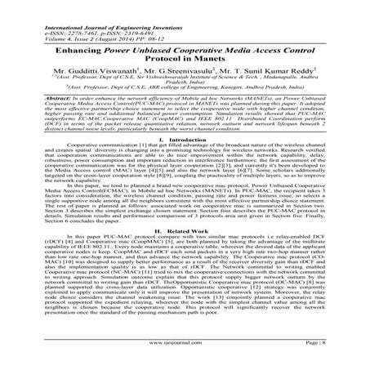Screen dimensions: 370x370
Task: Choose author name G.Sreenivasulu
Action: [185, 61]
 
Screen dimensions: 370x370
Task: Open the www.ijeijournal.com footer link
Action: [185, 358]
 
